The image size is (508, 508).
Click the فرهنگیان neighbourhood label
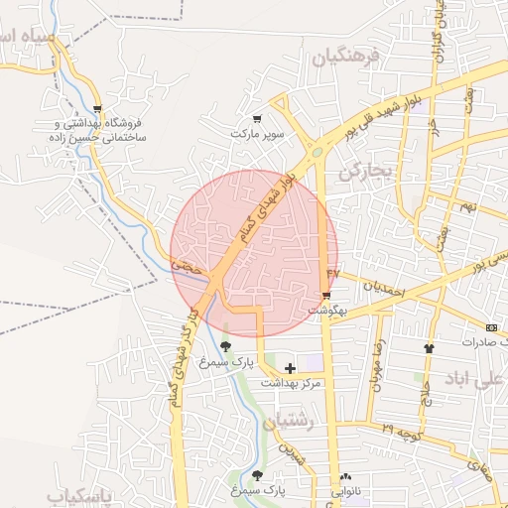pos(346,59)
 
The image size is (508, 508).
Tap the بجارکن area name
pos(365,172)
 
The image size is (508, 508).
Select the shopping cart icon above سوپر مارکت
pos(258,118)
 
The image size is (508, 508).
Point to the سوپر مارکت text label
pos(258,132)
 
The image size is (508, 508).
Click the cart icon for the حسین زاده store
pos(96,109)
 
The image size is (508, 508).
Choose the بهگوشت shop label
pos(326,310)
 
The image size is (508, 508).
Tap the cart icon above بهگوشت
pos(326,296)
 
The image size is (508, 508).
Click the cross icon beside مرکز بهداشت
pos(289,368)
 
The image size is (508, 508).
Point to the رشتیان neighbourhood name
pos(290,422)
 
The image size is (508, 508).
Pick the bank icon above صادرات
pos(491,327)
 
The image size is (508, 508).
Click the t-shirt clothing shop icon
pos(429,348)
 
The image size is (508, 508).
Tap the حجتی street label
pos(187,266)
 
